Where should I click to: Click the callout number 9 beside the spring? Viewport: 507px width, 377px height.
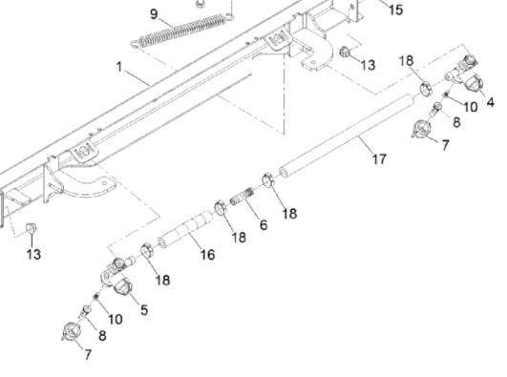pos(155,14)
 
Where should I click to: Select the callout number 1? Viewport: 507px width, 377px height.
pos(119,67)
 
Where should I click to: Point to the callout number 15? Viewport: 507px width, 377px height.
pos(396,10)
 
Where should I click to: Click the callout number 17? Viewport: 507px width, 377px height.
pos(380,159)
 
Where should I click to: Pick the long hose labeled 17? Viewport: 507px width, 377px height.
pos(347,136)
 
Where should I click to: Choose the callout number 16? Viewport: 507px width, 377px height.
pos(207,255)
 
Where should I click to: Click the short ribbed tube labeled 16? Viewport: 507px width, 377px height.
pos(185,229)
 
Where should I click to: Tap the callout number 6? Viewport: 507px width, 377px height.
pos(264,224)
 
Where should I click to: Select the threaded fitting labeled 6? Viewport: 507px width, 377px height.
pos(242,197)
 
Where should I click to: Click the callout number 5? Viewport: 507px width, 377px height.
pos(144,310)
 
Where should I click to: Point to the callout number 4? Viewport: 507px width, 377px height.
pos(490,102)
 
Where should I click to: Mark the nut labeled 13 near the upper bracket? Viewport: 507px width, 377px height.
pos(345,52)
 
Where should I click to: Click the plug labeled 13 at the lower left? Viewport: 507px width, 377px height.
pos(31,228)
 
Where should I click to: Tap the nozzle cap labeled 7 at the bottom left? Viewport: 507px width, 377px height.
pos(70,331)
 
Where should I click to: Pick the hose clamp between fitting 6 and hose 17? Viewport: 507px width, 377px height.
pos(268,180)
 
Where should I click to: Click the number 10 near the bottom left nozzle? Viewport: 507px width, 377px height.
pos(116,320)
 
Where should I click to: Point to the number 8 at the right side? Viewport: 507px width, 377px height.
pos(456,122)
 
